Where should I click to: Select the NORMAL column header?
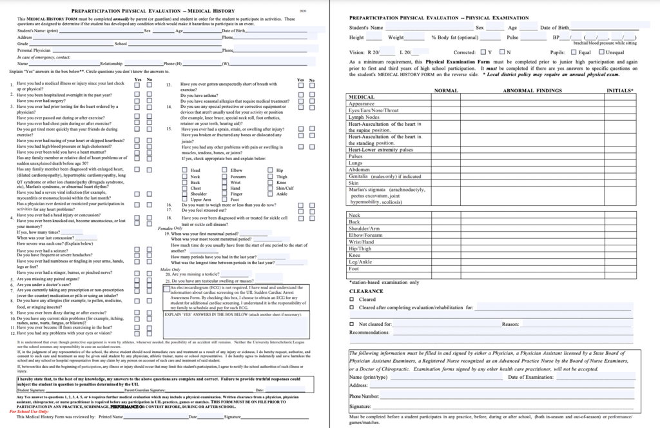click(x=447, y=90)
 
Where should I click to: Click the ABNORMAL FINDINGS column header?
click(x=532, y=90)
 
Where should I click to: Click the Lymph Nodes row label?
click(x=364, y=117)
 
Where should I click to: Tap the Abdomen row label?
click(x=360, y=169)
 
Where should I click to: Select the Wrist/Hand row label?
click(x=364, y=241)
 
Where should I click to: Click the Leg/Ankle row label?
click(x=361, y=261)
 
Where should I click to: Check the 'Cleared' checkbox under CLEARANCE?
click(x=352, y=300)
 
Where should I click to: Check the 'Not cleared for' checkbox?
click(x=352, y=324)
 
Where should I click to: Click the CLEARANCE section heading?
click(x=366, y=291)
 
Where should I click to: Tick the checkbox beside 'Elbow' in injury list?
click(x=224, y=170)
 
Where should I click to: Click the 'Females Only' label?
click(x=170, y=228)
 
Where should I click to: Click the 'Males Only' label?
click(x=170, y=269)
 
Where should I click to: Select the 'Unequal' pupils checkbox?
click(x=601, y=52)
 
